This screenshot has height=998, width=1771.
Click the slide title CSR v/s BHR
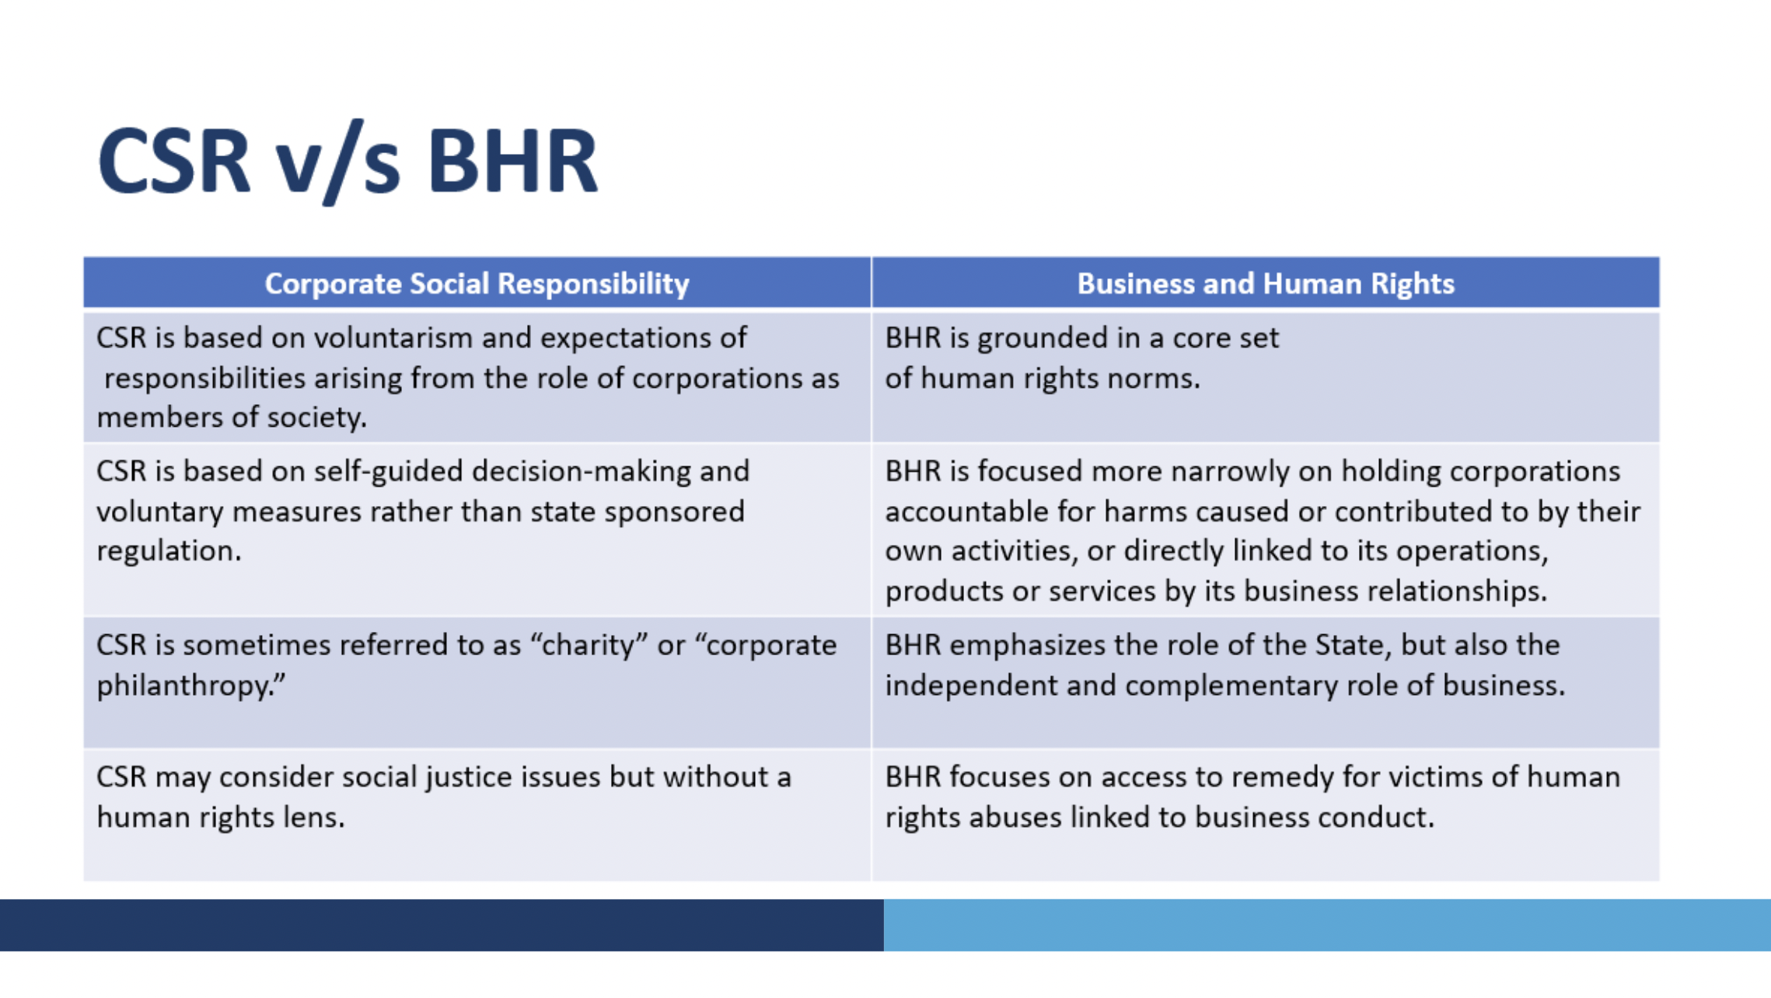tap(348, 161)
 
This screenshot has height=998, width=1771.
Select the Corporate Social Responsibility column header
tap(477, 284)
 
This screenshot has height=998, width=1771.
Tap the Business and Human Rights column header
tap(1266, 284)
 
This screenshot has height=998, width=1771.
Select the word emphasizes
tap(1027, 645)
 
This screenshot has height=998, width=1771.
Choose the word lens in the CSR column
tap(314, 818)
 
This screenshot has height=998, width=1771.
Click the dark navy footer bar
tap(442, 925)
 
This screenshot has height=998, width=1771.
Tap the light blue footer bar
tap(1327, 925)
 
